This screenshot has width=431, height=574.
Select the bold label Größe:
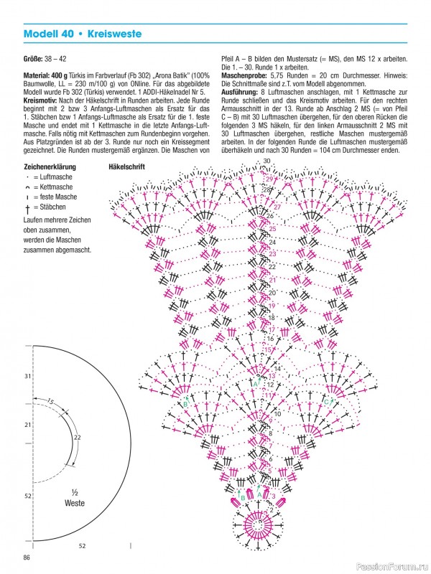pos(35,58)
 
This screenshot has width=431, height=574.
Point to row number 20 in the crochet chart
pos(272,293)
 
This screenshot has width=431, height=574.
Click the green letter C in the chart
pos(326,402)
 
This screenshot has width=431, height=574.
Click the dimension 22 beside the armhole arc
pos(77,437)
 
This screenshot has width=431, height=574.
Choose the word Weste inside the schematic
pos(75,503)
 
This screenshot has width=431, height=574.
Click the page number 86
pos(27,557)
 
